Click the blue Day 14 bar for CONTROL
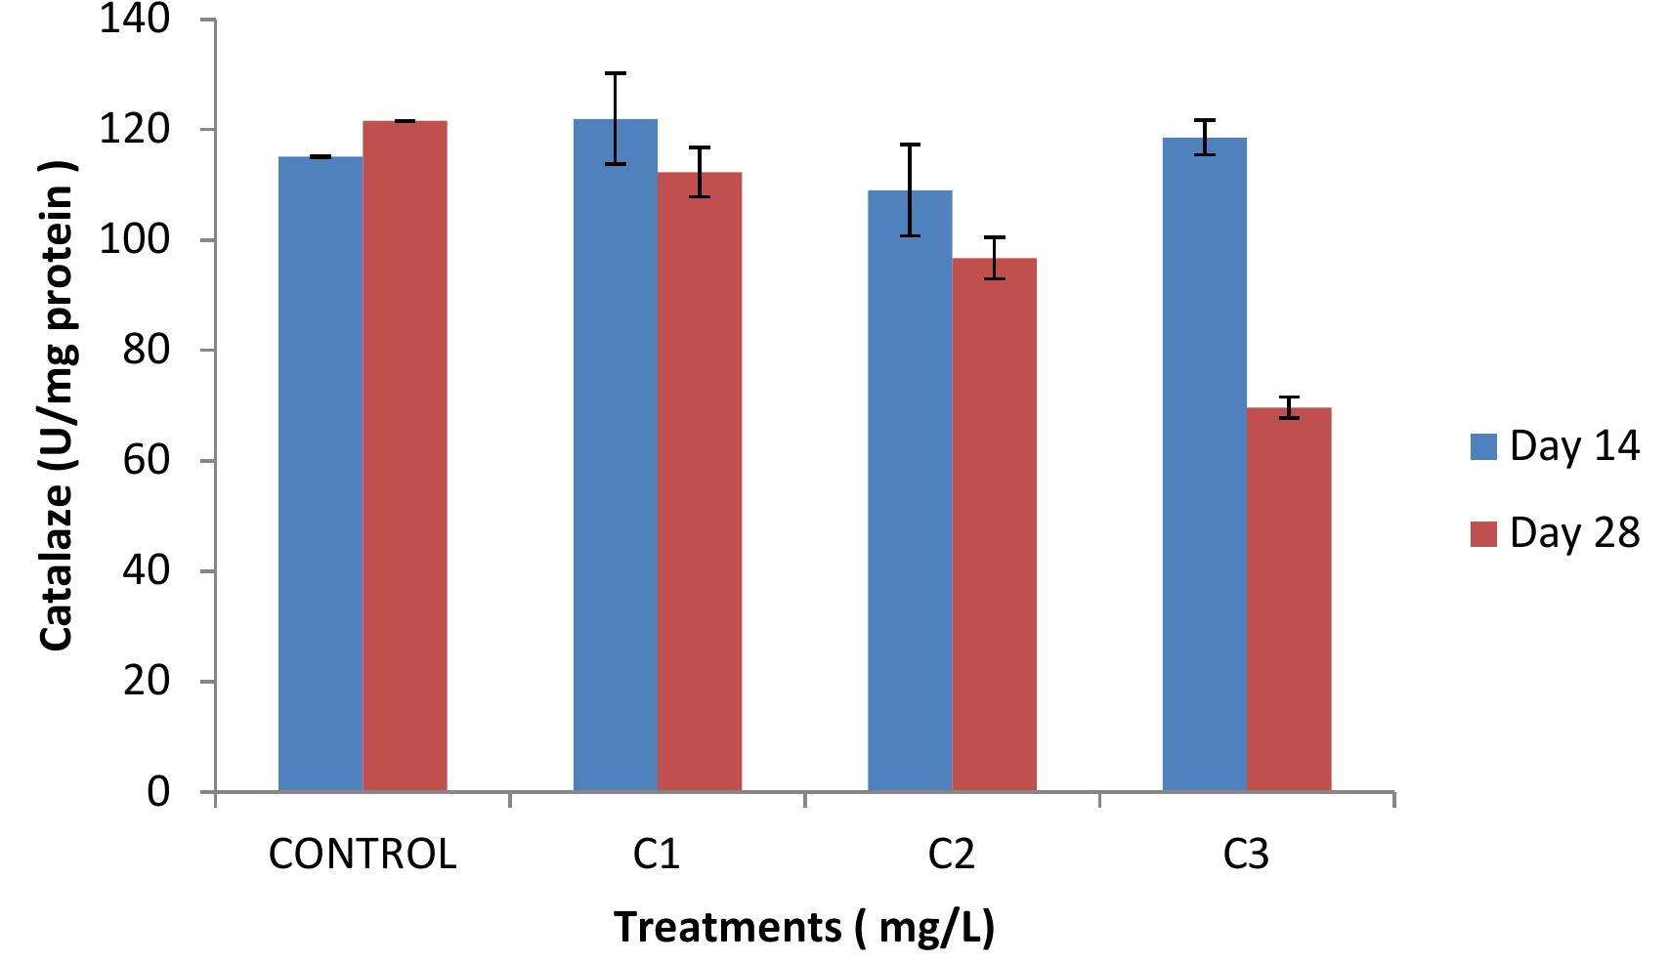(x=321, y=474)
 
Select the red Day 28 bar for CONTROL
(x=405, y=456)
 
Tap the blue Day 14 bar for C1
(x=615, y=454)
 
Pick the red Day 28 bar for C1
(x=699, y=481)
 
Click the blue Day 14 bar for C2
(x=910, y=490)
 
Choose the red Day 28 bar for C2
(x=994, y=524)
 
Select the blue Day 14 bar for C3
(x=1204, y=464)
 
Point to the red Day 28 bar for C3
(x=1289, y=599)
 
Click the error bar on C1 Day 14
(x=615, y=117)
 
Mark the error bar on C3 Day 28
(x=1289, y=407)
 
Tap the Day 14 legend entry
(x=1554, y=446)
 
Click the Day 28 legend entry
(x=1554, y=533)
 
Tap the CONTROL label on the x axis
(x=363, y=855)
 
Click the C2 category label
(x=951, y=855)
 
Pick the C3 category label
(x=1246, y=855)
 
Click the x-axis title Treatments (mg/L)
(x=803, y=926)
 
